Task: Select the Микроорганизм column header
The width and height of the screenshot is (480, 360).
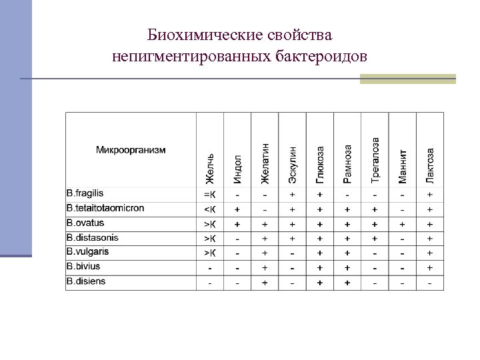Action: point(131,149)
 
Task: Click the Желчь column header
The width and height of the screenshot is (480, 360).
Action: point(210,169)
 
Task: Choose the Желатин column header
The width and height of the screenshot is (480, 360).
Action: point(265,163)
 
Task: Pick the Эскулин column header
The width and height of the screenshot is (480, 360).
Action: point(293,165)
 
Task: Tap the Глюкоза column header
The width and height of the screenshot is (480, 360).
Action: point(320,165)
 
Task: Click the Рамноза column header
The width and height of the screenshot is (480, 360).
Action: point(347,164)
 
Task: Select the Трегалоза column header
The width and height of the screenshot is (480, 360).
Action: point(375,160)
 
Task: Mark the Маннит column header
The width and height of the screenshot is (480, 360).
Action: point(403,165)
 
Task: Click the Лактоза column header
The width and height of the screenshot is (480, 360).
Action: point(430,165)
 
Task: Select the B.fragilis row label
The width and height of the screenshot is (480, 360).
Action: point(85,193)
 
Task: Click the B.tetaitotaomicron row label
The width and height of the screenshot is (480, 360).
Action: point(105,208)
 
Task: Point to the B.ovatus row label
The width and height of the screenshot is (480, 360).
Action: point(86,223)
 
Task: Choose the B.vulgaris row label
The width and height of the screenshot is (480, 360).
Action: point(88,252)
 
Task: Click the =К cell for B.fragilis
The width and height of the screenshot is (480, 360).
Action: point(210,194)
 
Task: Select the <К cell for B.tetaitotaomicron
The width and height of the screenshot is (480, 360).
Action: point(210,209)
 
